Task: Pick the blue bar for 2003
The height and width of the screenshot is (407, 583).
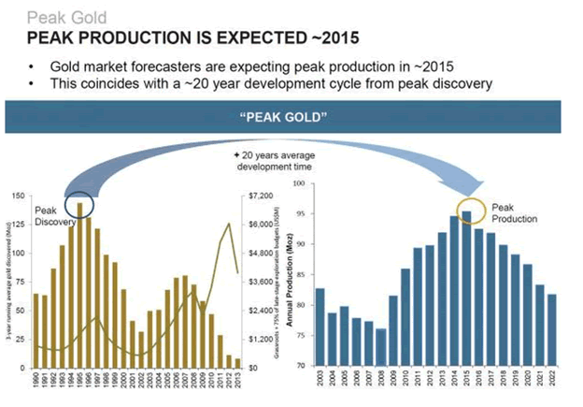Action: [320, 327]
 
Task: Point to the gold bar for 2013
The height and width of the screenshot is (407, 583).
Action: [237, 362]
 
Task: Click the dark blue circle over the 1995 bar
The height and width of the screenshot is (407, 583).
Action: [80, 204]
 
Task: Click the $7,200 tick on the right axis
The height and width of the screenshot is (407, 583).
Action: [260, 196]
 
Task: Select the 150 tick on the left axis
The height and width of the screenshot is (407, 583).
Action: [18, 196]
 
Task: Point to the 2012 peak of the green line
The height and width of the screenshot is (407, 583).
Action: [229, 223]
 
